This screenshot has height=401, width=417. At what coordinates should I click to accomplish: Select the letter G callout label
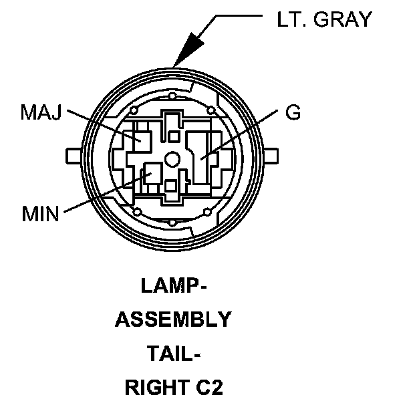pyautogui.click(x=293, y=112)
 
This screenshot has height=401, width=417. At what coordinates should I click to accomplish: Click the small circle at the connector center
pyautogui.click(x=173, y=159)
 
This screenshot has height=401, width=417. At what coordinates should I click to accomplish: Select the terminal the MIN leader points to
pyautogui.click(x=150, y=176)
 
